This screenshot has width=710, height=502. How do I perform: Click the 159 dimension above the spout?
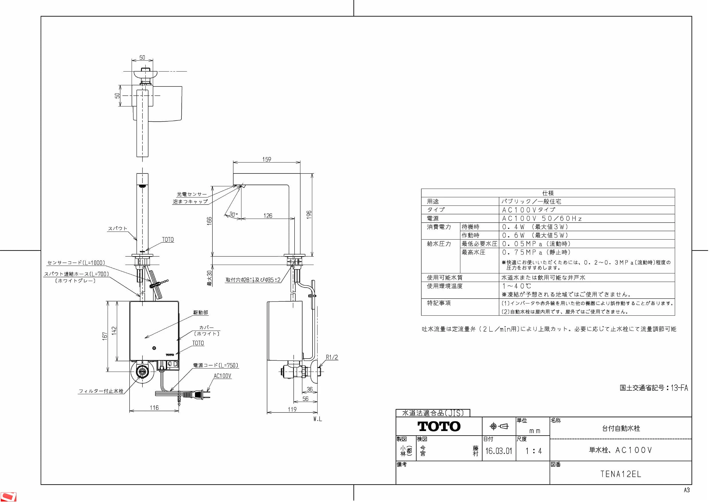tap(266, 159)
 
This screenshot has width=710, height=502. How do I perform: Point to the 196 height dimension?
tap(309, 215)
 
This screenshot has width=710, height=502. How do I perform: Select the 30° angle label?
tap(234, 214)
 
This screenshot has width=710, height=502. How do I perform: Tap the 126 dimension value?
tap(268, 216)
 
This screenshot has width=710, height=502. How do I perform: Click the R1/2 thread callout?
tap(332, 357)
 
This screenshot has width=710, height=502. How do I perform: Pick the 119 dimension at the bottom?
tap(292, 410)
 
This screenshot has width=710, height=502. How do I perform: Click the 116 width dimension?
tap(154, 408)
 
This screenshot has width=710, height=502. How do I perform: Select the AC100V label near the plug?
tap(222, 376)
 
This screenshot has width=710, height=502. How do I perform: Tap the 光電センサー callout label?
tap(192, 194)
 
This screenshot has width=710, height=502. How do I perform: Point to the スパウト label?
tap(118, 229)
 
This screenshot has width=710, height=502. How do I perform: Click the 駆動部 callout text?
tap(201, 313)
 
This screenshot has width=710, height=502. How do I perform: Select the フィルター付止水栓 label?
tap(101, 391)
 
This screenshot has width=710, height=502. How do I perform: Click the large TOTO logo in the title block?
tap(439, 426)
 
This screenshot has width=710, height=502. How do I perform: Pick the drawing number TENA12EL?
tap(621, 474)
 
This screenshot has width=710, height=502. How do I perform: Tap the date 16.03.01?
tap(499, 451)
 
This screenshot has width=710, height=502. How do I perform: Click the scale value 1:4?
tap(533, 451)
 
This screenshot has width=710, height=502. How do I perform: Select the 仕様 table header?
tap(548, 193)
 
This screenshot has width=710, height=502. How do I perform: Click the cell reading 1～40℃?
tap(517, 286)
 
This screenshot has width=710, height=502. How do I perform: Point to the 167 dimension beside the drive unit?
tap(105, 336)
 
